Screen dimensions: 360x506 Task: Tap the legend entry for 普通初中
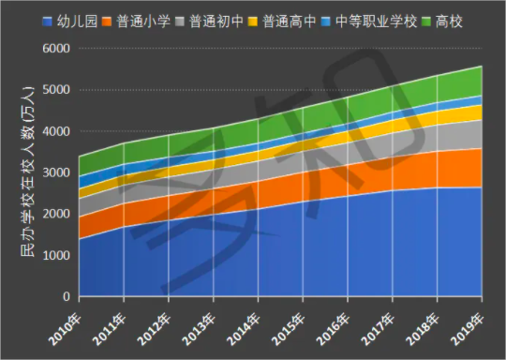(214, 20)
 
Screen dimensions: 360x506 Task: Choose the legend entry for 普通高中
(288, 20)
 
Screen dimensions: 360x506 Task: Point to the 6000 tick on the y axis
(59, 49)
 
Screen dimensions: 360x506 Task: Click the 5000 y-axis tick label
(59, 90)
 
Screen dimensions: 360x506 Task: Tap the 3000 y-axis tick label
(59, 172)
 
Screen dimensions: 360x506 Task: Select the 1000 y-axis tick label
(59, 255)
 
